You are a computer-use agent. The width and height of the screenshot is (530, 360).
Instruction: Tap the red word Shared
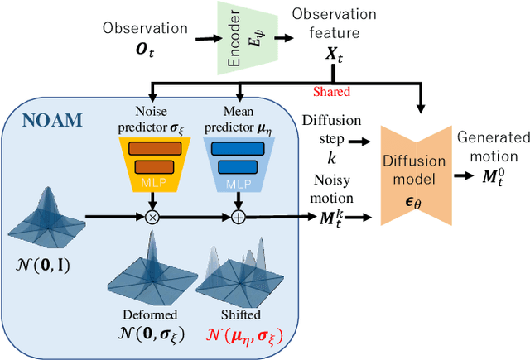331,92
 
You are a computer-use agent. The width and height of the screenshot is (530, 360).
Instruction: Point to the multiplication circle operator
152,217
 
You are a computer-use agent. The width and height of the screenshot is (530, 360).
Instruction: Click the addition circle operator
239,217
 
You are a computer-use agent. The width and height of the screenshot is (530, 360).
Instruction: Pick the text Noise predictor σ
152,120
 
